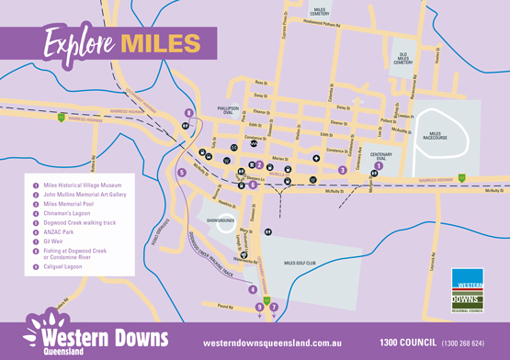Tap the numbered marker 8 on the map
tap(188, 114)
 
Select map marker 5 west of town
tap(181, 172)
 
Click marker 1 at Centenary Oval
tap(379, 165)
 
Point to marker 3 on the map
tap(342, 170)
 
